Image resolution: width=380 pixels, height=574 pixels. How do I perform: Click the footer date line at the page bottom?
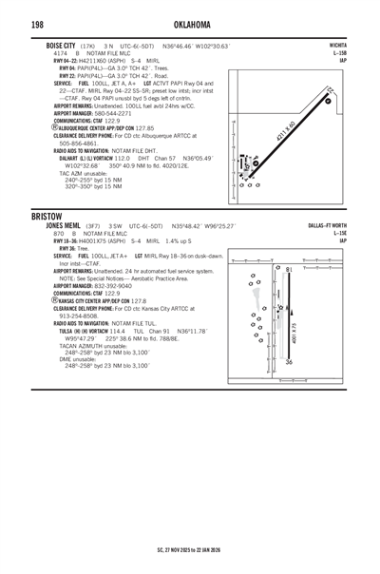click(x=190, y=549)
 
